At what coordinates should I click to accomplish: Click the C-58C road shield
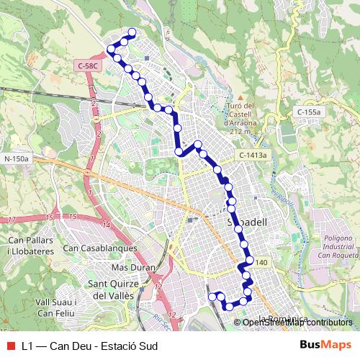88,66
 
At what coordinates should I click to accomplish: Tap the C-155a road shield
308,112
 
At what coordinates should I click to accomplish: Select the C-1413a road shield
253,155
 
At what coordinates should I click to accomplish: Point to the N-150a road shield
16,158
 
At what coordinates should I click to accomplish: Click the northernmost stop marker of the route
132,32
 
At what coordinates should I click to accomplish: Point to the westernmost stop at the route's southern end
212,296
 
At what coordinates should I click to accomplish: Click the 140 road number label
261,264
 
